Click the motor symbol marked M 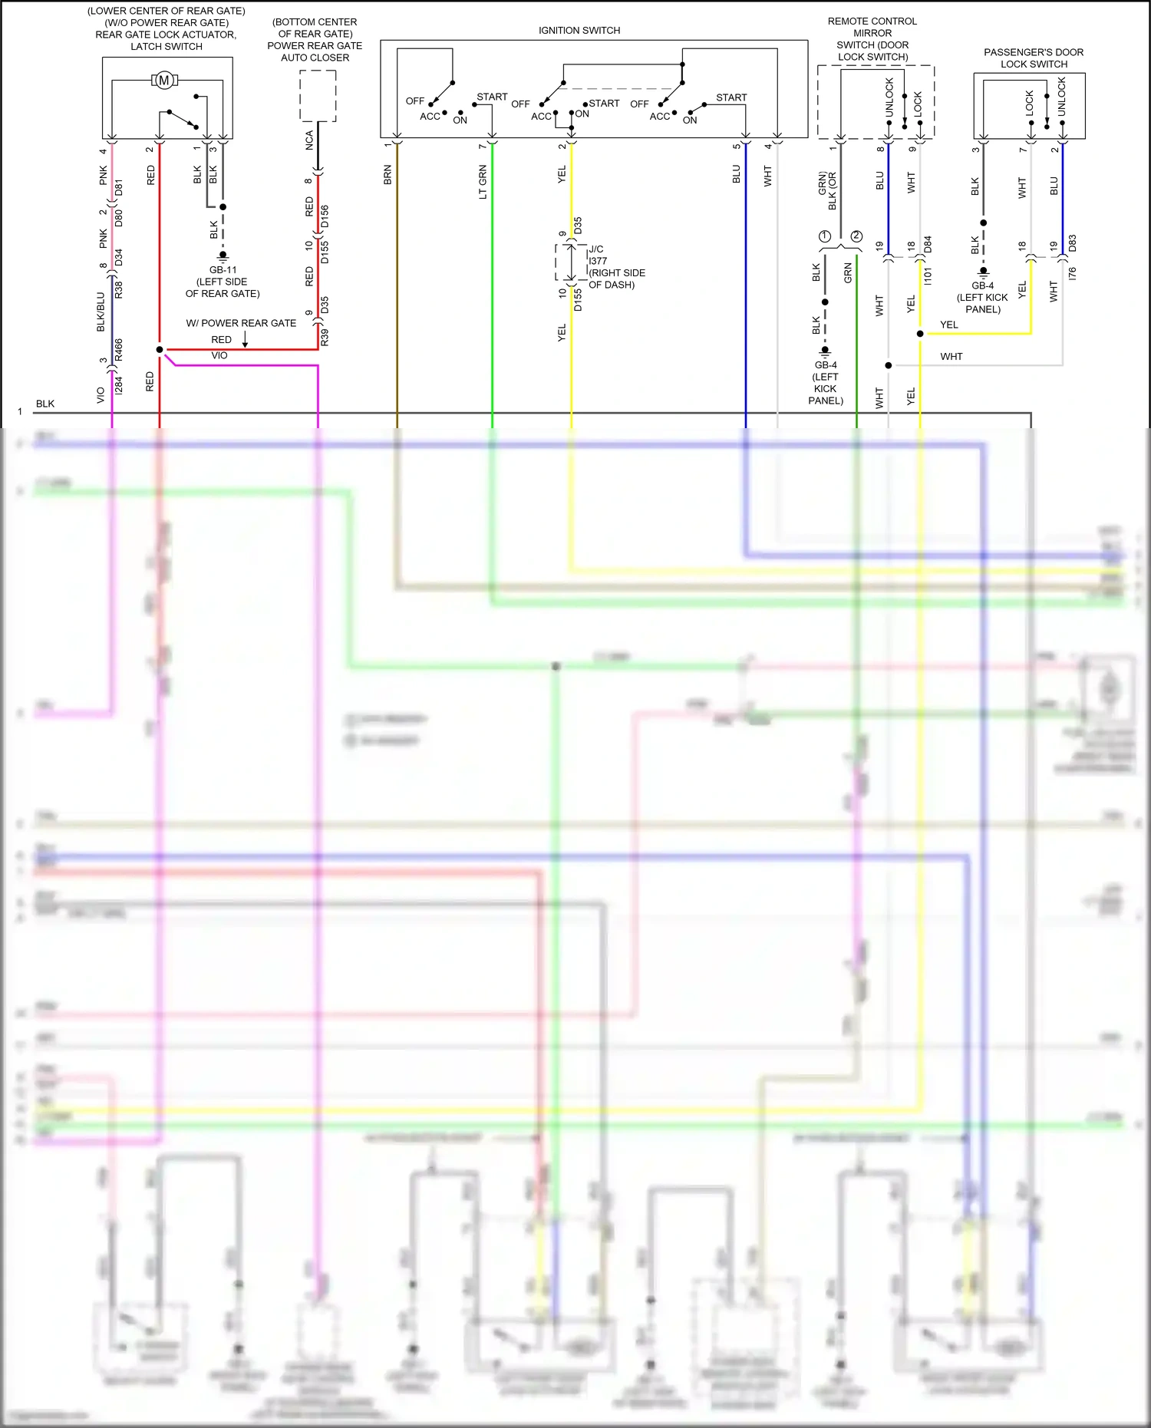[x=163, y=80]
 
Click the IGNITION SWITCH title [x=579, y=31]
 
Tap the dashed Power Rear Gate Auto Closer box [x=318, y=96]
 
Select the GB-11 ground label [x=223, y=270]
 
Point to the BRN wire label [x=388, y=175]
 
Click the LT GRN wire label [x=483, y=182]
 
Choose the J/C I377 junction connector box [x=570, y=263]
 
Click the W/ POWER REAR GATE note [x=241, y=323]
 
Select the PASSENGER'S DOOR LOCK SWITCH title [x=1034, y=58]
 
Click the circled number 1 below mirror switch [x=825, y=236]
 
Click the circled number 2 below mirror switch [x=856, y=236]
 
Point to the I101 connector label [x=928, y=277]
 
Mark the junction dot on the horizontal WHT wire [x=889, y=365]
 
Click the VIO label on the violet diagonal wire [x=219, y=356]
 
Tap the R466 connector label [x=119, y=350]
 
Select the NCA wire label [x=309, y=140]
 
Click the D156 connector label [x=325, y=216]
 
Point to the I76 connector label [x=1072, y=273]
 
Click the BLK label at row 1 [x=45, y=404]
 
